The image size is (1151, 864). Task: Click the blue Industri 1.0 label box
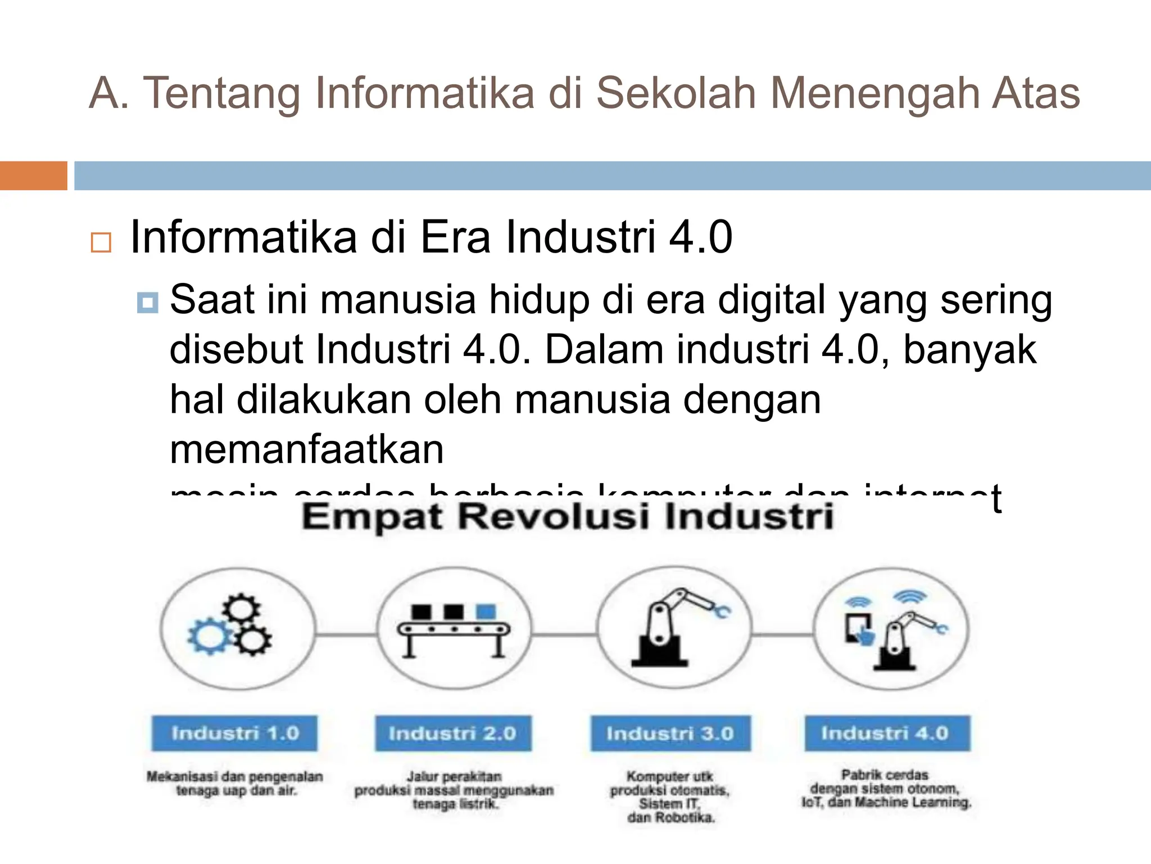(x=234, y=733)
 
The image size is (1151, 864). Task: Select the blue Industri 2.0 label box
(x=453, y=733)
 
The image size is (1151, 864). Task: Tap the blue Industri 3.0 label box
(x=670, y=733)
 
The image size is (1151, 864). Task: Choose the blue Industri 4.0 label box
(x=887, y=733)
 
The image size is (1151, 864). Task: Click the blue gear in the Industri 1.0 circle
(x=208, y=637)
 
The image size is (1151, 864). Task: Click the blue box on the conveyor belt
(x=486, y=611)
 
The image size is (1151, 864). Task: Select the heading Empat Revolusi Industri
(x=568, y=516)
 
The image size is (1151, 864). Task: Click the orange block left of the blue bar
(x=33, y=175)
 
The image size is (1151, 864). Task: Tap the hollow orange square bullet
(x=101, y=242)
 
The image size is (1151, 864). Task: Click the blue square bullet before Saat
(x=147, y=303)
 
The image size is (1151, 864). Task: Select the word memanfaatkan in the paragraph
(x=307, y=449)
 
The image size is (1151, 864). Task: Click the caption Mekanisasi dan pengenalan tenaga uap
(x=235, y=784)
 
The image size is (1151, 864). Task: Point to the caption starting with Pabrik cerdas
(x=886, y=789)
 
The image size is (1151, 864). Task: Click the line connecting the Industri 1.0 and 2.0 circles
(x=345, y=634)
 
